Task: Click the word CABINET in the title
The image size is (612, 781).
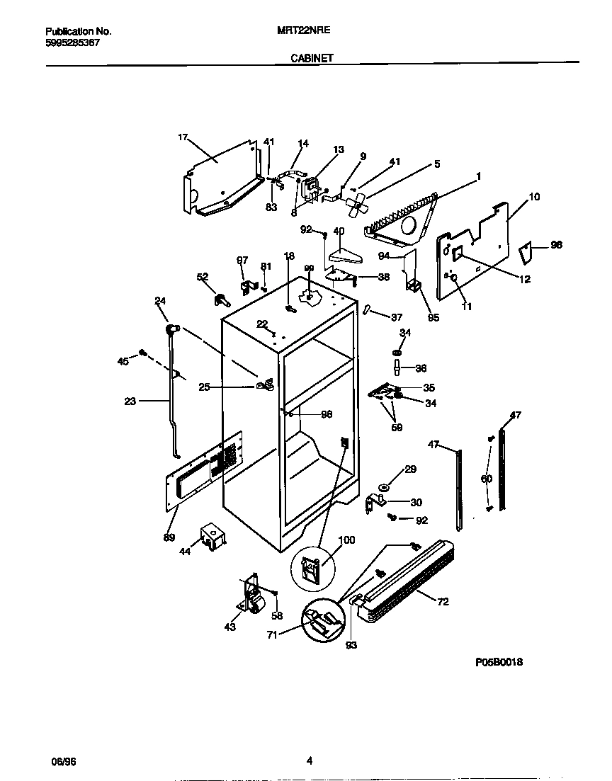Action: click(x=312, y=59)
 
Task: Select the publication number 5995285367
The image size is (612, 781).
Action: click(x=73, y=42)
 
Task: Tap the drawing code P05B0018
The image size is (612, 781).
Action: click(x=499, y=662)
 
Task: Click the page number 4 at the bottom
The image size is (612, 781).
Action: click(x=309, y=761)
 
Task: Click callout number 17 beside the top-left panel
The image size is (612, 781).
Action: click(x=183, y=139)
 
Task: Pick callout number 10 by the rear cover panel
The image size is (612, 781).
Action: click(x=534, y=196)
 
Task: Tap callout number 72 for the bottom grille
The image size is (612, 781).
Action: click(x=443, y=603)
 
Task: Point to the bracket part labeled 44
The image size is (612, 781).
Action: click(x=212, y=537)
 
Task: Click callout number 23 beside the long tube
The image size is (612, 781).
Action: click(x=130, y=401)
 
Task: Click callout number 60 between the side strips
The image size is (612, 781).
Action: click(x=487, y=479)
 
